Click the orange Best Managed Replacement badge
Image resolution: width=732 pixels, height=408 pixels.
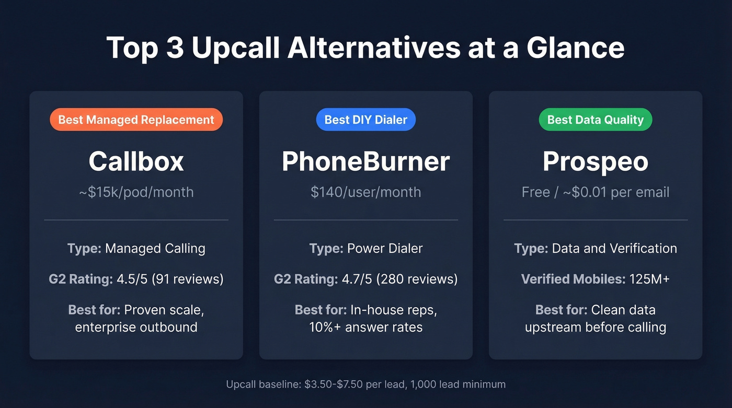136,120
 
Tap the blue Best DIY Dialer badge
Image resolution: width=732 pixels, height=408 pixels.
365,120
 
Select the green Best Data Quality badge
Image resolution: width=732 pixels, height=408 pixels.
595,120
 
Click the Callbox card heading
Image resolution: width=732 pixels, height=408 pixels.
136,161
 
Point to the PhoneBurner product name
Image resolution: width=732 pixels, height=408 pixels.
365,161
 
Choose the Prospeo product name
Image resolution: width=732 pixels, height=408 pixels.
595,161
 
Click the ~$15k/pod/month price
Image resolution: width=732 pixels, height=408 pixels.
136,192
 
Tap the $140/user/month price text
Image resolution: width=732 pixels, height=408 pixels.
365,192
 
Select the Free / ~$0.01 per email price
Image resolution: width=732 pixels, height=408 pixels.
595,192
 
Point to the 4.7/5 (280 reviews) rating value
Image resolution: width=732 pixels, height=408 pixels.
399,279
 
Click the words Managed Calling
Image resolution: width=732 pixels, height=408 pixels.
155,248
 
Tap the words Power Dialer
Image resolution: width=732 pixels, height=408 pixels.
385,248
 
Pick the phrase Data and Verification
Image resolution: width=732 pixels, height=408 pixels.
614,248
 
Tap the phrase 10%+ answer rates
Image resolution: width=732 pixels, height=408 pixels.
365,328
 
